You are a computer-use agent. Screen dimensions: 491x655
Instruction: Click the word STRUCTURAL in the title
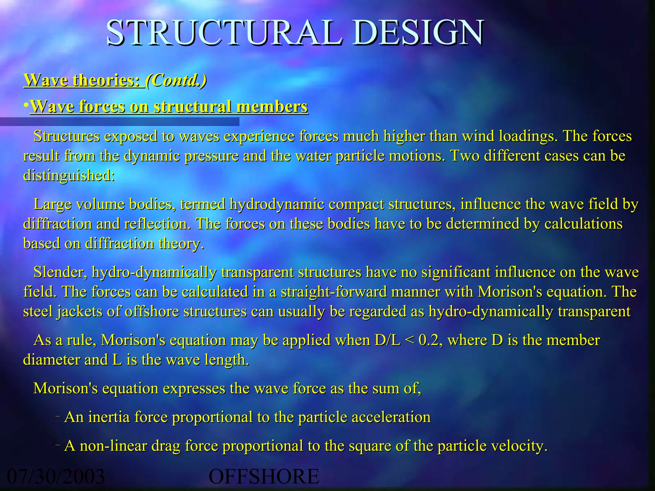[224, 33]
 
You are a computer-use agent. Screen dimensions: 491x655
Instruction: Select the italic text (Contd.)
[176, 80]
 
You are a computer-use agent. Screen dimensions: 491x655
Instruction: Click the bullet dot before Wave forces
[26, 105]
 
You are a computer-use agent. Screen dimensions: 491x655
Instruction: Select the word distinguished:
[69, 175]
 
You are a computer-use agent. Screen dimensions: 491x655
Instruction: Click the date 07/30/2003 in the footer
[56, 476]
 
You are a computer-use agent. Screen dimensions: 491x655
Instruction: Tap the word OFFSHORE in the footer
[264, 476]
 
